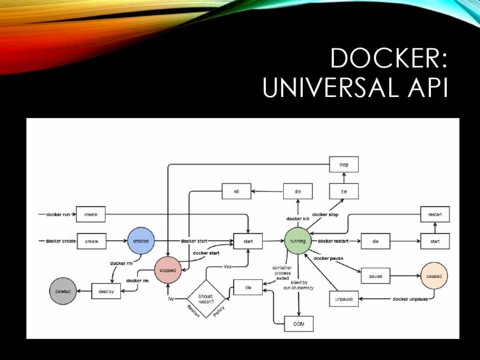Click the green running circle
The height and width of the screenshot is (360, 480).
[298, 241]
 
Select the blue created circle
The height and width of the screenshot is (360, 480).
[141, 241]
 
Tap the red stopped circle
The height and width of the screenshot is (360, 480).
[168, 270]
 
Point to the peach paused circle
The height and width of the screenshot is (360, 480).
[434, 275]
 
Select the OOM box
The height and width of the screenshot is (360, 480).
[298, 324]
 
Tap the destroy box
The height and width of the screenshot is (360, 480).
[106, 291]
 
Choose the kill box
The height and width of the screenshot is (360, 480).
[237, 191]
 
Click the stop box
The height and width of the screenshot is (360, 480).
[344, 164]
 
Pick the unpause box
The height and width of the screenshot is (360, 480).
[344, 299]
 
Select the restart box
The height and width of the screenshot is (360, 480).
[434, 214]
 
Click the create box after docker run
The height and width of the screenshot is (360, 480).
[91, 214]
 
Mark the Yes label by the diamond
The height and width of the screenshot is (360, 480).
[227, 266]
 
